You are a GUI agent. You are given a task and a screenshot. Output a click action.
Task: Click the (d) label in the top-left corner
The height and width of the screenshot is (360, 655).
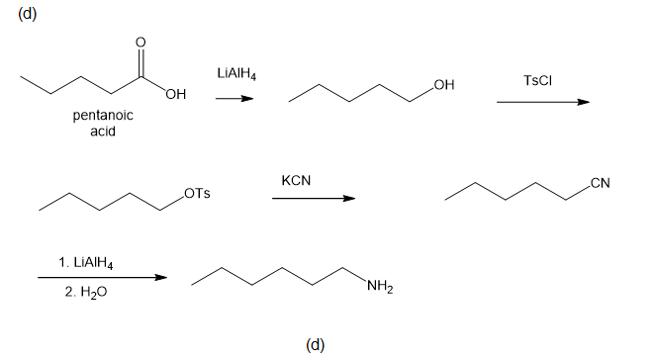(27, 14)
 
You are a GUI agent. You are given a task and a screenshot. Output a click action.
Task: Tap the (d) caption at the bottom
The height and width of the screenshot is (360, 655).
(315, 345)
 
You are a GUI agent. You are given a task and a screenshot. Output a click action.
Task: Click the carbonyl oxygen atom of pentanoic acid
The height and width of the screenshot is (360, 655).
(140, 42)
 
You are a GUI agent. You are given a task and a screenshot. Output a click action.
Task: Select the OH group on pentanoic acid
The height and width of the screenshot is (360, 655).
(176, 94)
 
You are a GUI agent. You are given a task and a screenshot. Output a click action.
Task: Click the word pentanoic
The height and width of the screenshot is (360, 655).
(103, 116)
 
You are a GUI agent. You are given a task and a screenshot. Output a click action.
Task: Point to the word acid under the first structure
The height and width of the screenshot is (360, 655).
(103, 132)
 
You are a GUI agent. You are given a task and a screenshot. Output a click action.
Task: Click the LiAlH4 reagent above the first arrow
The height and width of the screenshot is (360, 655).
(236, 74)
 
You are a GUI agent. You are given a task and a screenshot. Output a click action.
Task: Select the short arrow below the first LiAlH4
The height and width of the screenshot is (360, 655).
(234, 99)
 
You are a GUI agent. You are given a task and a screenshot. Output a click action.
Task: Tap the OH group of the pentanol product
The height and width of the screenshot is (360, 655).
(444, 85)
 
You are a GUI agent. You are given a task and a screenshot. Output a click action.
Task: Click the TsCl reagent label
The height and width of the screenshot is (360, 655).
(537, 80)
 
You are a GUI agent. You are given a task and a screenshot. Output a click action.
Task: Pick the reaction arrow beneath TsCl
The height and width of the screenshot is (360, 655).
(543, 102)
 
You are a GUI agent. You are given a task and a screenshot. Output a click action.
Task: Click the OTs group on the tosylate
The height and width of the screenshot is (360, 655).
(197, 194)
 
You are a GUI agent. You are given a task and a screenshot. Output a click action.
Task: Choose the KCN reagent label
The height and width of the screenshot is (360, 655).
(296, 180)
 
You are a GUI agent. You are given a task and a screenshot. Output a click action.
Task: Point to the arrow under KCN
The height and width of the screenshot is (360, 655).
(314, 198)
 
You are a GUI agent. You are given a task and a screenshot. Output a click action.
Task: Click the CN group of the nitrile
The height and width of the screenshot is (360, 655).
(601, 183)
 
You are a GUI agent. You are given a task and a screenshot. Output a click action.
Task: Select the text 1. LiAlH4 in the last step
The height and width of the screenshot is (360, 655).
(86, 263)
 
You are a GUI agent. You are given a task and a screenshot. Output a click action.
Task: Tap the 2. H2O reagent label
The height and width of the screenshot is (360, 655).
(86, 292)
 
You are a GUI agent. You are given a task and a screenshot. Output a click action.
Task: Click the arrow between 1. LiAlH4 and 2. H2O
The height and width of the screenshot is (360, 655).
(102, 277)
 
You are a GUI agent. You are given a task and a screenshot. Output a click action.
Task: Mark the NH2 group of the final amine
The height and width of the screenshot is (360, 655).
(380, 287)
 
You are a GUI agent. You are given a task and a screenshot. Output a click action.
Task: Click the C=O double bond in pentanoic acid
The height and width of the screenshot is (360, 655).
(140, 63)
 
